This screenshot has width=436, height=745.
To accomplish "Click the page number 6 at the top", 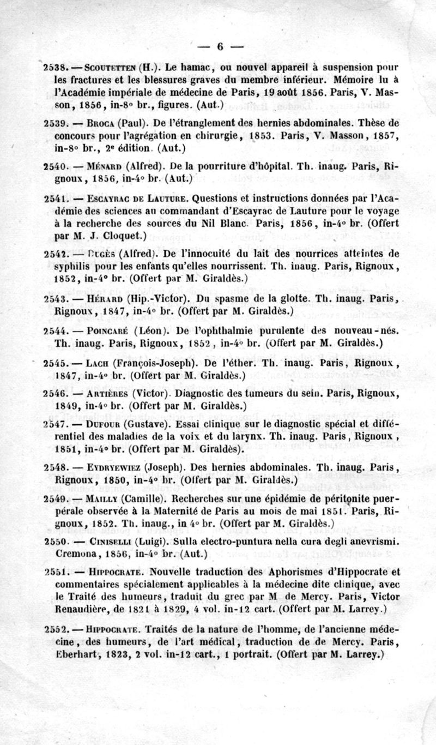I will point(220,47).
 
